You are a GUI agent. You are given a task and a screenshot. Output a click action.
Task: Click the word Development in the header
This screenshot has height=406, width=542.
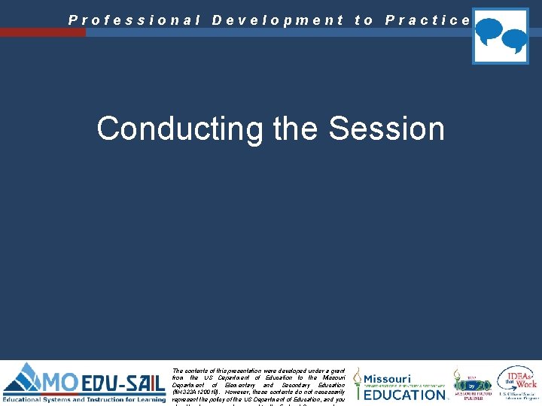(278, 20)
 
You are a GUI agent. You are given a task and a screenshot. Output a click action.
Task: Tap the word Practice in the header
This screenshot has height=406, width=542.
(428, 20)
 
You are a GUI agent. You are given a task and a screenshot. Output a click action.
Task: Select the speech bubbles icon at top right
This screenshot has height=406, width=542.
(500, 36)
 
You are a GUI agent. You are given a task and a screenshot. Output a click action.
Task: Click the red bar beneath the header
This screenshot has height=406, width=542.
(43, 32)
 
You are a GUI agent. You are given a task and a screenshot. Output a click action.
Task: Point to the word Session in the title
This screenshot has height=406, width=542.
(387, 129)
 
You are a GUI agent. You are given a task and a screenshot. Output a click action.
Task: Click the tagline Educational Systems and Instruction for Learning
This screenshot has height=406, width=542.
(84, 400)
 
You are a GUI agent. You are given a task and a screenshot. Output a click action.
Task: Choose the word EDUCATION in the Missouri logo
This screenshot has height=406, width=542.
(405, 395)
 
